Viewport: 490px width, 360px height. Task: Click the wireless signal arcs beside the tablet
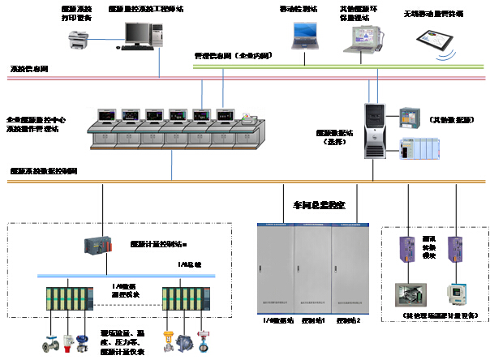tap(443, 58)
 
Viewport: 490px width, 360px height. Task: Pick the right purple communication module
tap(456, 248)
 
